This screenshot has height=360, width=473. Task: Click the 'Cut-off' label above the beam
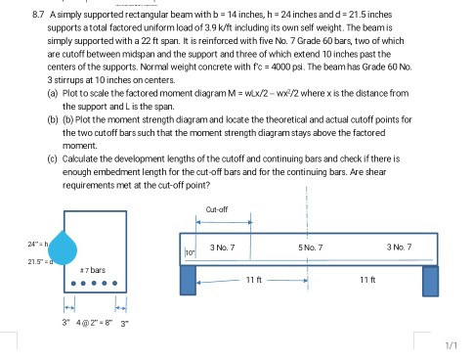218,208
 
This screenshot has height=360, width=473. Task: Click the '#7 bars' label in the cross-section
94,267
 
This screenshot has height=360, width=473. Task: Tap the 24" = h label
37,243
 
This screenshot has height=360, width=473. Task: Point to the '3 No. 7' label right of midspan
401,244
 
